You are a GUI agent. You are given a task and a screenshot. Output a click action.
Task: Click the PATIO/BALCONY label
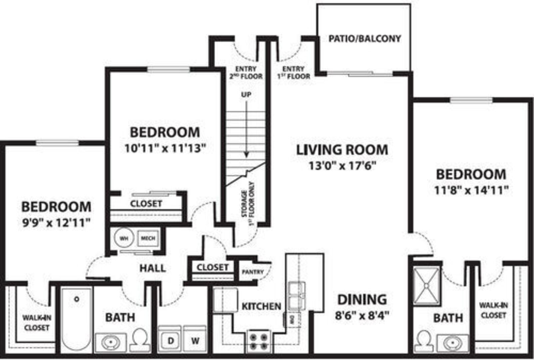pyautogui.click(x=365, y=39)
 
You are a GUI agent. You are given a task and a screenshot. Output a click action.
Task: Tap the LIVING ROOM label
pyautogui.click(x=342, y=150)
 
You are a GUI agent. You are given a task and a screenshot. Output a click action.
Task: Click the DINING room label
pyautogui.click(x=362, y=300)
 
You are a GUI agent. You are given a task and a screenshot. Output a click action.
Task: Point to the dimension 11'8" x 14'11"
pyautogui.click(x=471, y=190)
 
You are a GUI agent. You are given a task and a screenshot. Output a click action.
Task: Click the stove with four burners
pyautogui.click(x=258, y=341)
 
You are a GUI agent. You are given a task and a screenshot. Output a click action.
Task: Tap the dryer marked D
pyautogui.click(x=170, y=339)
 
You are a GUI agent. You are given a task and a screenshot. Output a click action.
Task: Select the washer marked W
pyautogui.click(x=195, y=339)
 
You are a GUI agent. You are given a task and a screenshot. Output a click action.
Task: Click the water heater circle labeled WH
pyautogui.click(x=124, y=238)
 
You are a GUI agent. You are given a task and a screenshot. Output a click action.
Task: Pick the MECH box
pyautogui.click(x=148, y=238)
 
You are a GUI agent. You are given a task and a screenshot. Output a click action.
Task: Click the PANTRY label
pyautogui.click(x=253, y=272)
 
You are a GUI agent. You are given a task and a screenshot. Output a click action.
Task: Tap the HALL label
pyautogui.click(x=153, y=268)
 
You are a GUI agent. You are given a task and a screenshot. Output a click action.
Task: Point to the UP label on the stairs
pyautogui.click(x=246, y=95)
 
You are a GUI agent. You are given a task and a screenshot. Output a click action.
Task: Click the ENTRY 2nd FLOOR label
pyautogui.click(x=246, y=72)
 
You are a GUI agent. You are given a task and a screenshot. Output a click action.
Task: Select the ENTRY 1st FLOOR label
pyautogui.click(x=293, y=72)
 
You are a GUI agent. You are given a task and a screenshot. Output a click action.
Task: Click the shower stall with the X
pyautogui.click(x=426, y=286)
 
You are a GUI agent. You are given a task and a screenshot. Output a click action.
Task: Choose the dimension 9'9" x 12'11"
pyautogui.click(x=56, y=223)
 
